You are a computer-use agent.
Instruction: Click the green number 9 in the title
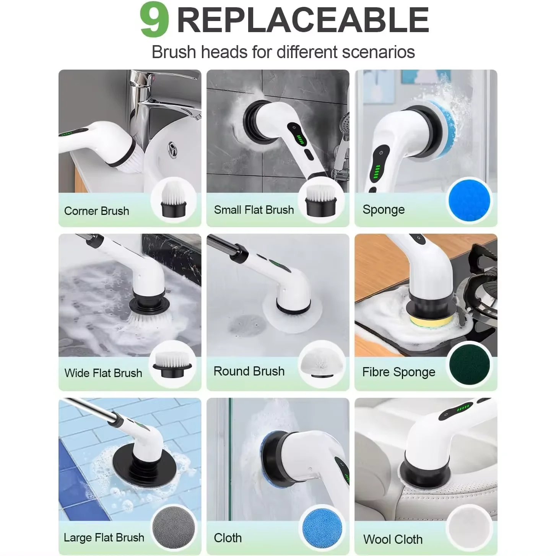[x=154, y=20]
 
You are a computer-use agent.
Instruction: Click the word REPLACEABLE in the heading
[x=303, y=20]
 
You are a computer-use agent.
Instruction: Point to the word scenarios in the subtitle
[x=378, y=52]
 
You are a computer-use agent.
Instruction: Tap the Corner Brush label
[x=96, y=211]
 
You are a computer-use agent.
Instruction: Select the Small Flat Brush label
[x=254, y=210]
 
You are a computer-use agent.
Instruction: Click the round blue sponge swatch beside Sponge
[x=469, y=201]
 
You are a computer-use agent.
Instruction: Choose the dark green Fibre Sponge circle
[x=470, y=365]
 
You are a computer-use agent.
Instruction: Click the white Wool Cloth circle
[x=470, y=527]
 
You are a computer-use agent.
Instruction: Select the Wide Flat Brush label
[x=103, y=373]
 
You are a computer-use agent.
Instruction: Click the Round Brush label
[x=249, y=371]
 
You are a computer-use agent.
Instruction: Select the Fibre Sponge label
[x=399, y=372]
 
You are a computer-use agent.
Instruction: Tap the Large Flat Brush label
[x=104, y=538]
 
